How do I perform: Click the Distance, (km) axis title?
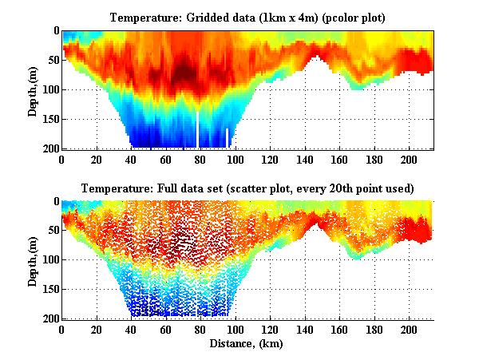pyautogui.click(x=247, y=344)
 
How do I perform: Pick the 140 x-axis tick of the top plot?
pyautogui.click(x=305, y=159)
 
